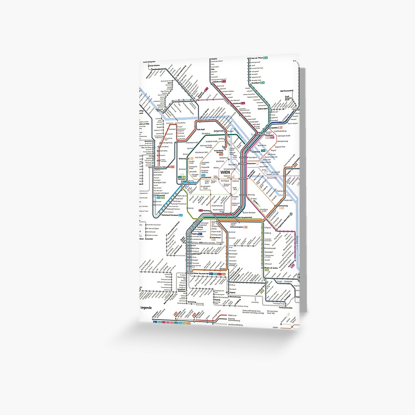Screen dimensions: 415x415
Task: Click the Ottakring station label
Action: click(x=184, y=158)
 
